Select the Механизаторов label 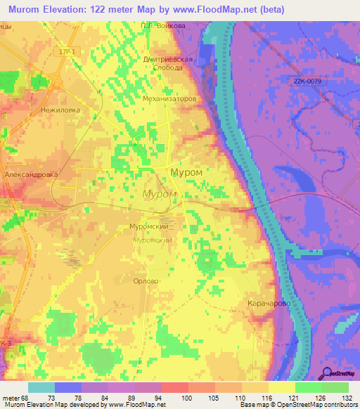(169, 99)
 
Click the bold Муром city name (186, 172)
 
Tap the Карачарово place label (270, 303)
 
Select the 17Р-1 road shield (67, 52)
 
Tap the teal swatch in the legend (41, 387)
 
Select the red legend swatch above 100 (174, 387)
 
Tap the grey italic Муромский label (153, 240)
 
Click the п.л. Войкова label (163, 25)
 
